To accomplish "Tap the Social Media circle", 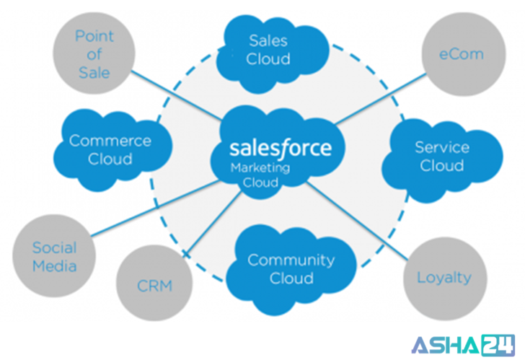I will point(55,257).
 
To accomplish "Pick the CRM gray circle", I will point(154,286).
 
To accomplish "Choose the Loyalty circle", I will point(444,277).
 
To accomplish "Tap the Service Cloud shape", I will point(441,157).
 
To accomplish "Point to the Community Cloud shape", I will point(291,268).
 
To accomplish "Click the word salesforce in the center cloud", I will point(281,148).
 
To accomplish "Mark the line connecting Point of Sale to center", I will point(177,94).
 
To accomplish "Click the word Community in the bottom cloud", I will point(291,260).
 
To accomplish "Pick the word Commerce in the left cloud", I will point(110,141).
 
